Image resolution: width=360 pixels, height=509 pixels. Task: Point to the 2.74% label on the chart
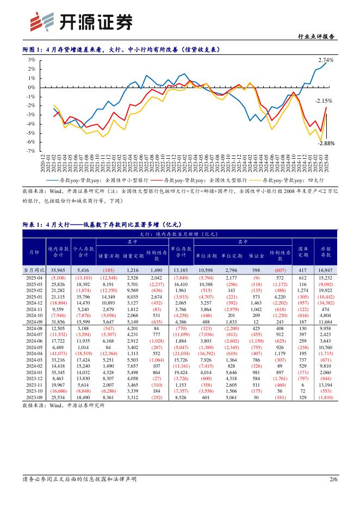point(326,60)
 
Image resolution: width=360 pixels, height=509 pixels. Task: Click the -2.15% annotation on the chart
point(324,101)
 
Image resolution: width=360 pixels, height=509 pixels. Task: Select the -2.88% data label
point(325,143)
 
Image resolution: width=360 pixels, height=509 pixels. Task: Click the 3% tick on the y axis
point(32,60)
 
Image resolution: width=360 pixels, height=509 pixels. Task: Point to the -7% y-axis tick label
point(32,151)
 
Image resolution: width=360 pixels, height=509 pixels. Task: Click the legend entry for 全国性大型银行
point(198,179)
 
